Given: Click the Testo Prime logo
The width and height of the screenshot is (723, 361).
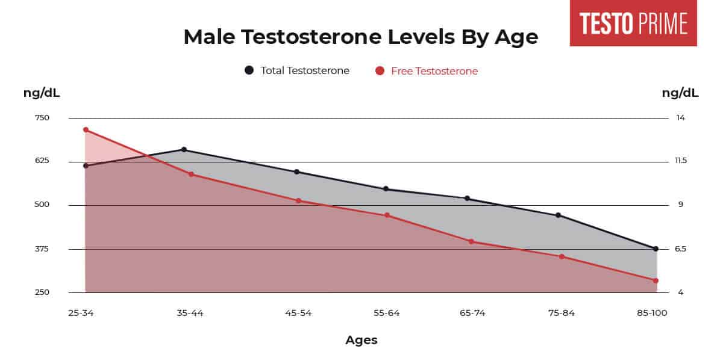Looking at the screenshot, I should tap(633, 23).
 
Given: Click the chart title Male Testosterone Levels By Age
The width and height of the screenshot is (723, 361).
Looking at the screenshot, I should tap(360, 37).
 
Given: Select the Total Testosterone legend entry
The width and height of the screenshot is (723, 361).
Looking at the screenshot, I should tap(297, 70).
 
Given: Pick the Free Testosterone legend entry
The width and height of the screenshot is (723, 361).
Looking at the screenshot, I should tap(427, 71).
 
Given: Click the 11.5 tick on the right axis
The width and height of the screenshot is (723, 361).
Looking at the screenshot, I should tap(681, 161).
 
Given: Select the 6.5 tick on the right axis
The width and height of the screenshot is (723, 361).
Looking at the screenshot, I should tap(680, 249).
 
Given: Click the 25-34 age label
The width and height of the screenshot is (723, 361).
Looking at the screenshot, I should tap(81, 313).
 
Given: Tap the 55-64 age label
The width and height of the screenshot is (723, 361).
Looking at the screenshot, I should tap(386, 313).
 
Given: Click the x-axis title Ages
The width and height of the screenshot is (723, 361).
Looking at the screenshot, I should tap(361, 340).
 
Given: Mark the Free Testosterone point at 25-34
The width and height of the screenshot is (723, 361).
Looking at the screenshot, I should tap(86, 130).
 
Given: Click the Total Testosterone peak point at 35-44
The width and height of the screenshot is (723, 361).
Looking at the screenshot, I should tap(184, 149).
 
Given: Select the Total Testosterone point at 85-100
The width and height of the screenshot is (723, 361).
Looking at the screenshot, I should tap(656, 248).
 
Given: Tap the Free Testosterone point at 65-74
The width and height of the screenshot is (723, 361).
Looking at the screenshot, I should tap(471, 241).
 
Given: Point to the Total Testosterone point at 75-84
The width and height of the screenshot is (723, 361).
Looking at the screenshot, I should tap(559, 215).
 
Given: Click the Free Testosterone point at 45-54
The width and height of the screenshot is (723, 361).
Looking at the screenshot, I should tap(298, 200).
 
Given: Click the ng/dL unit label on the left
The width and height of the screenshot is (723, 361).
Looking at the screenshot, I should tap(42, 93).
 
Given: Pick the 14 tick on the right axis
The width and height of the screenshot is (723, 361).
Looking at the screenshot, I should tap(680, 118).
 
